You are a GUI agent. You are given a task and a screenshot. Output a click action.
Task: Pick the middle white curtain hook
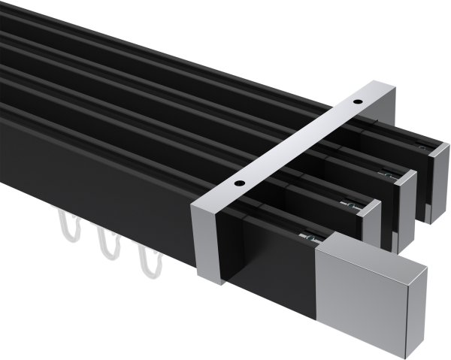point(105,243)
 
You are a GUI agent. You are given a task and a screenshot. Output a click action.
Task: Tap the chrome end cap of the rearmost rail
point(434,180)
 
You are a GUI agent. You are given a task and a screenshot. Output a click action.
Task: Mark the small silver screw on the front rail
point(307,238)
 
